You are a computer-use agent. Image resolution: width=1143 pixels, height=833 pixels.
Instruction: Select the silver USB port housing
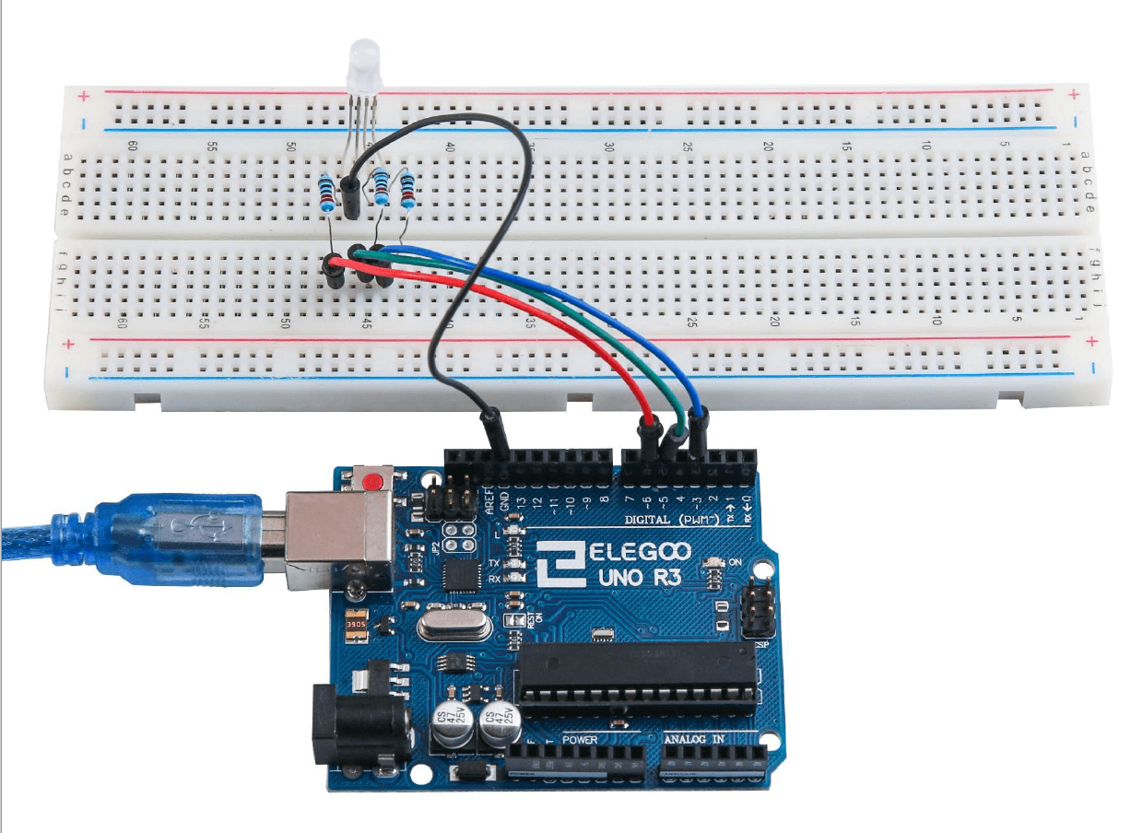pyautogui.click(x=337, y=539)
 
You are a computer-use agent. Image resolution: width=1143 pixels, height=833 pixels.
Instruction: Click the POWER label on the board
pyautogui.click(x=579, y=739)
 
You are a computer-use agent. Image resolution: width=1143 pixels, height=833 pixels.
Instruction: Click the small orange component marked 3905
pyautogui.click(x=354, y=628)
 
